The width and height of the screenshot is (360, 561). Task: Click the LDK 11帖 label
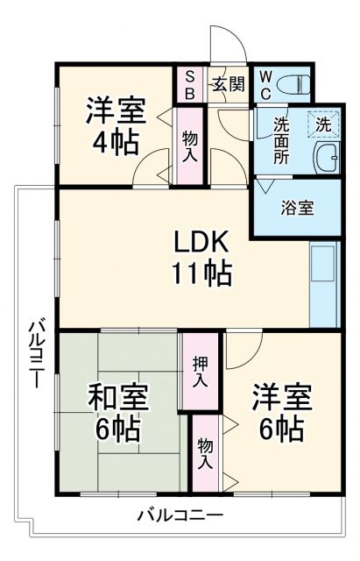(201, 256)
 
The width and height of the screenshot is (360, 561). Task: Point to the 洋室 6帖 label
(281, 413)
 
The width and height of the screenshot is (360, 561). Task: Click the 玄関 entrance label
(229, 85)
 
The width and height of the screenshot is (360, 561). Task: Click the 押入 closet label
(200, 372)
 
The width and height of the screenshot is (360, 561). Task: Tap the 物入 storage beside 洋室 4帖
(189, 145)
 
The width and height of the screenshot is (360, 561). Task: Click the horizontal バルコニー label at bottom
(180, 515)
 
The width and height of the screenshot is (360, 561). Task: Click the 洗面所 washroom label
(280, 141)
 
